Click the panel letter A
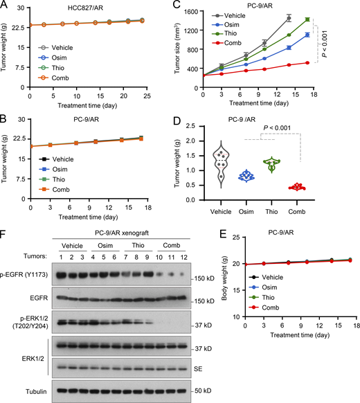coord(5,7)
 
